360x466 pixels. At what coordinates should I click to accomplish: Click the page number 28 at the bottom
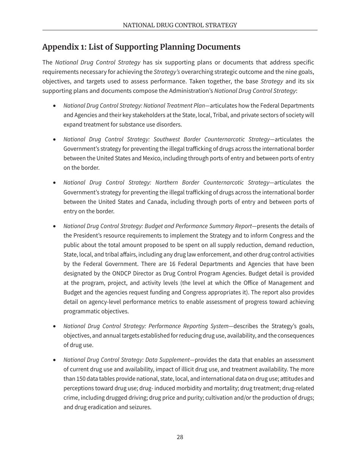[x=180, y=437]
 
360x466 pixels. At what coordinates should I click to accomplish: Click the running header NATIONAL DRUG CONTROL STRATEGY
[x=180, y=25]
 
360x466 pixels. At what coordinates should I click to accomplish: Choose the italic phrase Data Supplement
[x=169, y=360]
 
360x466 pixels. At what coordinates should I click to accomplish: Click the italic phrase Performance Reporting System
[x=188, y=326]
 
